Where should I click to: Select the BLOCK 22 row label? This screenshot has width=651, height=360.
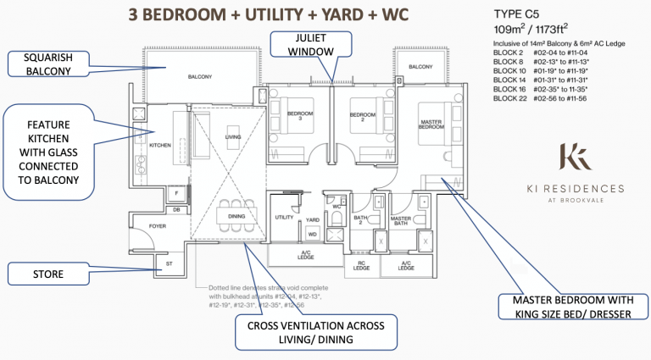pos(511,99)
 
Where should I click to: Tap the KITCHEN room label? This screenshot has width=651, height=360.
pos(160,146)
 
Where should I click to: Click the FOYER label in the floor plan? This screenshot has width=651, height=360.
pos(159,226)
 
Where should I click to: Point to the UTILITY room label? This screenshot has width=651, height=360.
pos(283,218)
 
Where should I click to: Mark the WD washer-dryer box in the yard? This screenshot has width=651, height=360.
pos(312,234)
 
